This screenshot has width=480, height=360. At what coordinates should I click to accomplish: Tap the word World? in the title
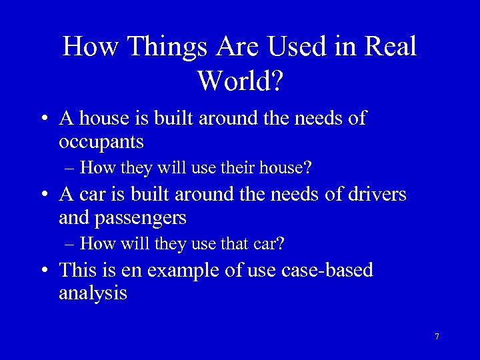(241, 81)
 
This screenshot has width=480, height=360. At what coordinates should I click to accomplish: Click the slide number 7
(437, 337)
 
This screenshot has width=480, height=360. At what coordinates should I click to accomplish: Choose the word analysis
(93, 293)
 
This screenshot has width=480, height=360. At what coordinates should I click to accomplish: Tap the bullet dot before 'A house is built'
(43, 120)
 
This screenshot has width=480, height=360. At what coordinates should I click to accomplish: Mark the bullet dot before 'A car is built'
(43, 195)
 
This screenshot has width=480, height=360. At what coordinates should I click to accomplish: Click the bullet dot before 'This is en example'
(43, 271)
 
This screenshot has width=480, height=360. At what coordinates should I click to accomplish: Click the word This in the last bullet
(77, 270)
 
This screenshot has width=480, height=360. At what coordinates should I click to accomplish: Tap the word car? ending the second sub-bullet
(270, 244)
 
